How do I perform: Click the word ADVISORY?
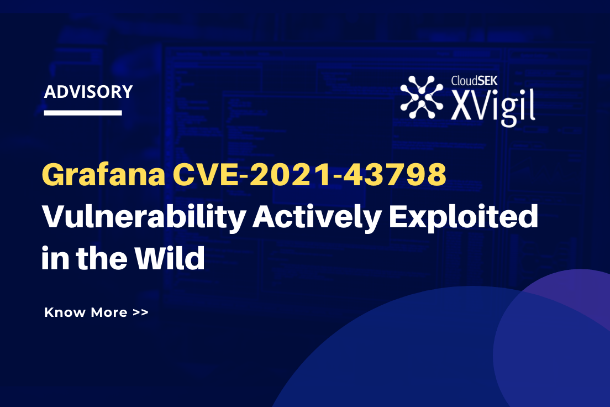(x=88, y=92)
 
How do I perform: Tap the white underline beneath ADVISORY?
(x=83, y=113)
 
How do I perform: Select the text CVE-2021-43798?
(x=309, y=176)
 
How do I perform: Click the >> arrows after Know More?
(x=140, y=312)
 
